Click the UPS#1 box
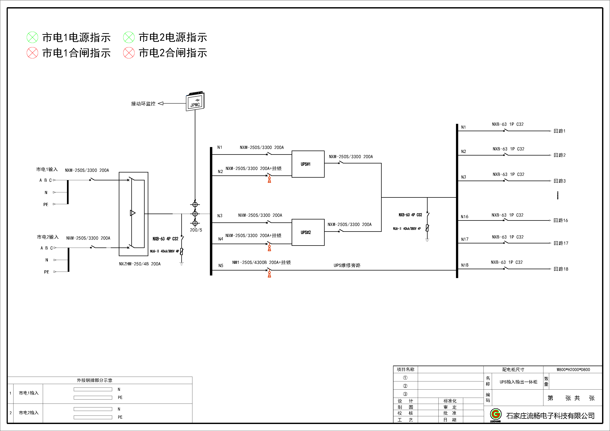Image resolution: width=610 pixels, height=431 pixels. click(308, 164)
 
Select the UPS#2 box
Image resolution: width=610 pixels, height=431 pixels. click(308, 232)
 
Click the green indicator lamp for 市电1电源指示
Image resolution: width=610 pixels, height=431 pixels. click(32, 37)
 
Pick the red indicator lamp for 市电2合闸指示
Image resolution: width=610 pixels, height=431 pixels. click(129, 53)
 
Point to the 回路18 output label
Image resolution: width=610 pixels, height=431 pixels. click(561, 269)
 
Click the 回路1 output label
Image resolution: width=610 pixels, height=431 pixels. click(559, 131)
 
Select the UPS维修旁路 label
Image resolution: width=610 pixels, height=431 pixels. click(347, 265)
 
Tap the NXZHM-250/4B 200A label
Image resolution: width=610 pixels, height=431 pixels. click(140, 264)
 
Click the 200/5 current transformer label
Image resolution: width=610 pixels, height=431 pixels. click(196, 230)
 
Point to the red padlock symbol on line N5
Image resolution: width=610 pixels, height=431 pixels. click(269, 274)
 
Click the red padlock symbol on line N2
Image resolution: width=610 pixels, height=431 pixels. click(269, 180)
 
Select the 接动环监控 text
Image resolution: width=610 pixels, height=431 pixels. click(143, 104)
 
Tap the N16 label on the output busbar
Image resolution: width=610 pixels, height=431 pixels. click(464, 217)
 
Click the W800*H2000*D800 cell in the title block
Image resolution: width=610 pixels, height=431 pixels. click(573, 369)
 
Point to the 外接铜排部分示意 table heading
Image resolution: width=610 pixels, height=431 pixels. click(95, 380)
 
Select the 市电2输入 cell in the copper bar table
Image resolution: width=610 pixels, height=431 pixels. click(29, 413)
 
